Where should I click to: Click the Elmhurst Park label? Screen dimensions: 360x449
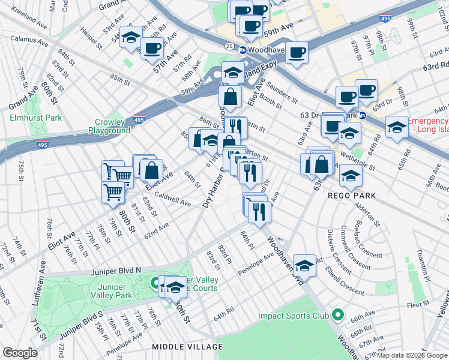(36, 118)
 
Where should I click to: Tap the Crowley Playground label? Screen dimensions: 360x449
(109, 126)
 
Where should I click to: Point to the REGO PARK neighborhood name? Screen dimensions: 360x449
(352, 196)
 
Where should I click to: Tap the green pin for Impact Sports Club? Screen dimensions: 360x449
(337, 314)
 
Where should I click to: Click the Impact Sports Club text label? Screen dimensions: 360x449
(293, 316)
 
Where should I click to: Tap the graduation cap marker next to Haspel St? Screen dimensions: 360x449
(131, 37)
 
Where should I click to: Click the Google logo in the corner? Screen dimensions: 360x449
(20, 353)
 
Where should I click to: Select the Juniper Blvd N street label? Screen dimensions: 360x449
(116, 271)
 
